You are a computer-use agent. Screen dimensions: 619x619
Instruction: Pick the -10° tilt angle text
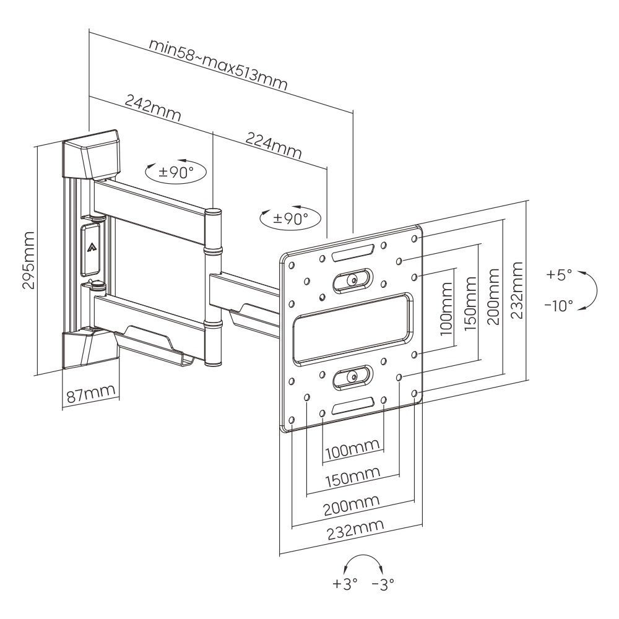point(559,306)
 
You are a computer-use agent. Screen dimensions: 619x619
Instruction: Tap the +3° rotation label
point(345,583)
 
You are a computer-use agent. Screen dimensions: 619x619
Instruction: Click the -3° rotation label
point(383,583)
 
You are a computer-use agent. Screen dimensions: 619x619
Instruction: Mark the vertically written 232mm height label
point(517,289)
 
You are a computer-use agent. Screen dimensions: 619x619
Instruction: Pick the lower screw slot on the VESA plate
point(352,377)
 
